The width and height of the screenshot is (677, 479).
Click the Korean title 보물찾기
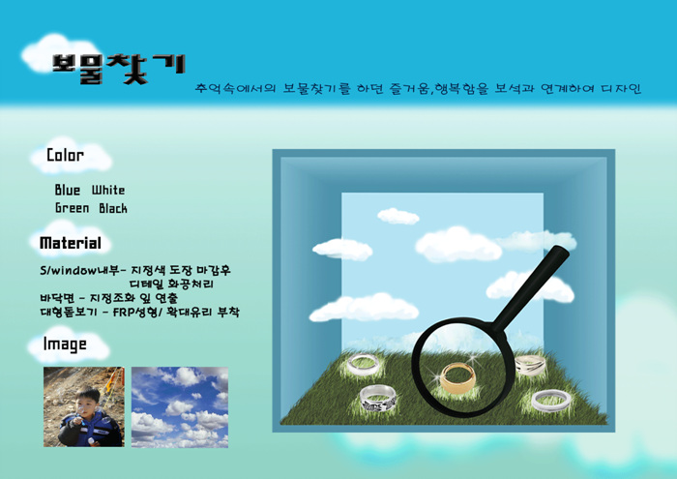(x=118, y=69)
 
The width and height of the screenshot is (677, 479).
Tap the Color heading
(x=65, y=155)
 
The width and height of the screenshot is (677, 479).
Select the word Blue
(x=68, y=190)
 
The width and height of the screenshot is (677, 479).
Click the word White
(x=108, y=190)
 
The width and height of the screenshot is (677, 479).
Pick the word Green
(x=73, y=208)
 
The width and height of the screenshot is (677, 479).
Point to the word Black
(x=113, y=208)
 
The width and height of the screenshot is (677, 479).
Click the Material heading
(x=71, y=243)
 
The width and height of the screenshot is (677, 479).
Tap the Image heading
(x=65, y=344)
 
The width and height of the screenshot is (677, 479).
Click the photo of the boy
(x=84, y=406)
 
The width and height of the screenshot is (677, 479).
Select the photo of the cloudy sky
(x=180, y=407)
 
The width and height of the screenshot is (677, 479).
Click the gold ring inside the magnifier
(x=458, y=377)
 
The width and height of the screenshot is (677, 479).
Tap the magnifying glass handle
(x=531, y=285)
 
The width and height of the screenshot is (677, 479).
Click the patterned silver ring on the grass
(x=378, y=399)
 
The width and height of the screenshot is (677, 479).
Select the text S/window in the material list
(x=68, y=271)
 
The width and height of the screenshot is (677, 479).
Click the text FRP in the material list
(x=124, y=312)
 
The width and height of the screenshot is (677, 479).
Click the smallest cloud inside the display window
(x=397, y=216)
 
